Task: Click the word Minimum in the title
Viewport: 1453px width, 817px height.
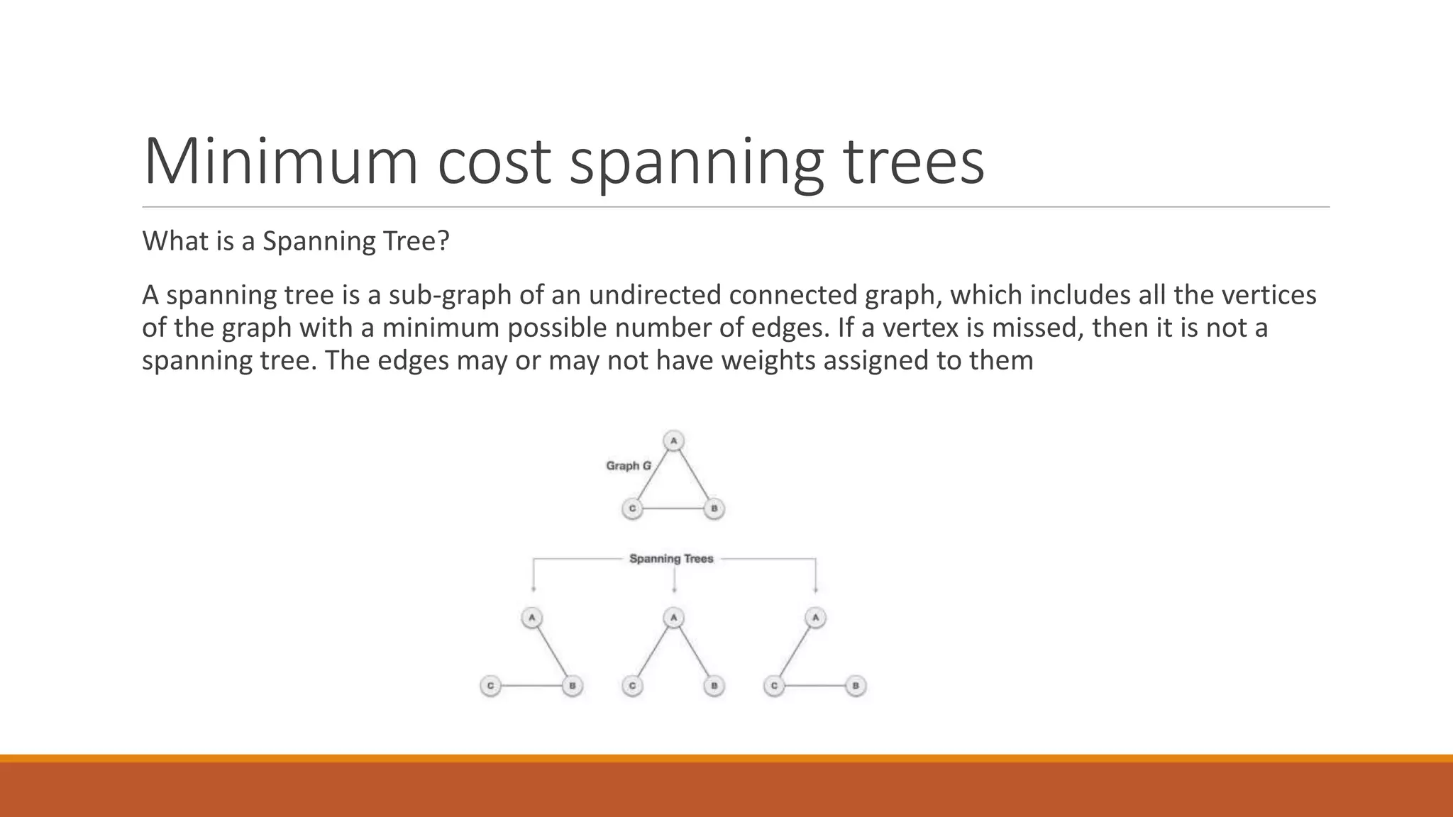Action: point(280,162)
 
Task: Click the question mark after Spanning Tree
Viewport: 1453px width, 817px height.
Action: point(444,241)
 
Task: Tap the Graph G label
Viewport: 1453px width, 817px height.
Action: point(628,466)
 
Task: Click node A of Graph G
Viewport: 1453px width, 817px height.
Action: point(673,441)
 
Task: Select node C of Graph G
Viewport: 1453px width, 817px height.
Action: point(632,509)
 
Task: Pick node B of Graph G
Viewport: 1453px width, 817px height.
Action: point(714,509)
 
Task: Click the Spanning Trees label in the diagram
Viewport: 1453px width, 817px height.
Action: point(671,559)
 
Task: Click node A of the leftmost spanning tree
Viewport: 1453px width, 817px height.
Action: point(531,618)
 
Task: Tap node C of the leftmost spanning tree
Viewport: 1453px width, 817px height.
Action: point(490,686)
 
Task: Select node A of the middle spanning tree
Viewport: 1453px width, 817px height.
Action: point(673,618)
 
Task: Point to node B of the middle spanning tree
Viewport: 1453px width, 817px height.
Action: point(714,686)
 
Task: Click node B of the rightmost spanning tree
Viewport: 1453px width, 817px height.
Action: point(856,686)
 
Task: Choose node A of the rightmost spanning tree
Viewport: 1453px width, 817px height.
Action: point(815,618)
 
